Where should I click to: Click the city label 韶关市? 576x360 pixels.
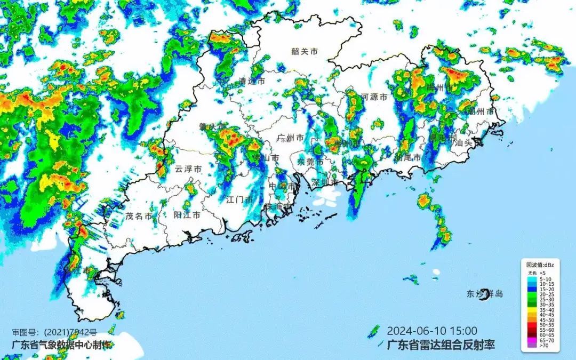[305, 52]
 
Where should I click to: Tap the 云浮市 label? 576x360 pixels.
[188, 169]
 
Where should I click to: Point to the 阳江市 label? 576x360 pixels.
[187, 215]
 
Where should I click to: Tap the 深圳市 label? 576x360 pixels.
[325, 182]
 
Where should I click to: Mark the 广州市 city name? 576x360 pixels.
[291, 138]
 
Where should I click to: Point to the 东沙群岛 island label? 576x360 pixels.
[485, 294]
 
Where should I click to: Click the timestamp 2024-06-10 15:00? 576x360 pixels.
[432, 331]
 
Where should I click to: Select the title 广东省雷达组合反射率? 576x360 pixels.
[440, 345]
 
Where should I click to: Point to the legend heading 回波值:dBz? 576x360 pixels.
[540, 265]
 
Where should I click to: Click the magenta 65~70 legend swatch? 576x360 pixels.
[532, 339]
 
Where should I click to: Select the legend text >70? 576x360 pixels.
[544, 346]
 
